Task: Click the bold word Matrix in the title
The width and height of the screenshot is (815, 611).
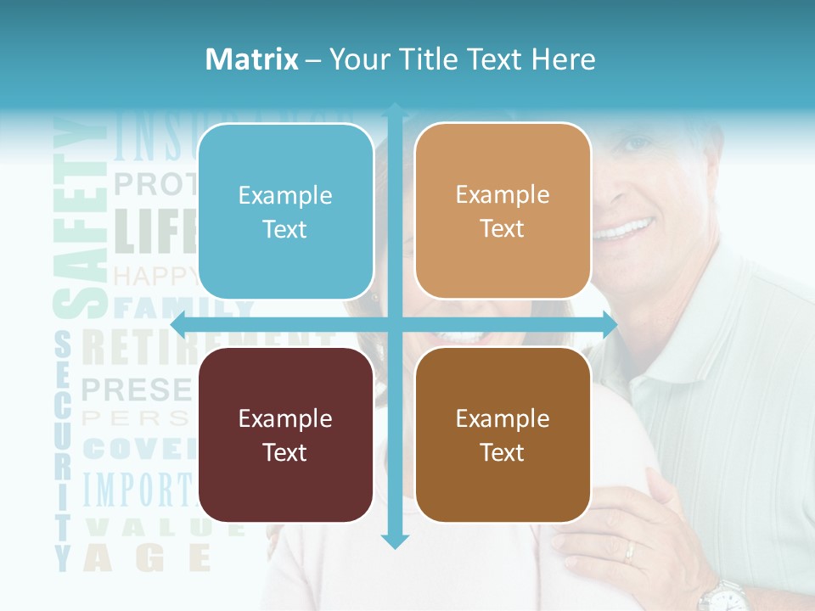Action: (x=252, y=59)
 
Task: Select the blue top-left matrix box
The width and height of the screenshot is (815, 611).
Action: (x=285, y=211)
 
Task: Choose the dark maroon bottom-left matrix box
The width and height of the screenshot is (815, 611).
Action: (x=285, y=434)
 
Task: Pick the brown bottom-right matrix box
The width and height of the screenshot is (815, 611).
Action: (x=503, y=434)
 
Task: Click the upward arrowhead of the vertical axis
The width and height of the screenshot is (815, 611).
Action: (x=395, y=109)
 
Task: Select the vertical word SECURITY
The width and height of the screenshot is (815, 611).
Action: (x=63, y=450)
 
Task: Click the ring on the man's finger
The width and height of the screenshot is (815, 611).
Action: (x=629, y=552)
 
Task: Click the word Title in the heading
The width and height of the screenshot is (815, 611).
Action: (x=429, y=59)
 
